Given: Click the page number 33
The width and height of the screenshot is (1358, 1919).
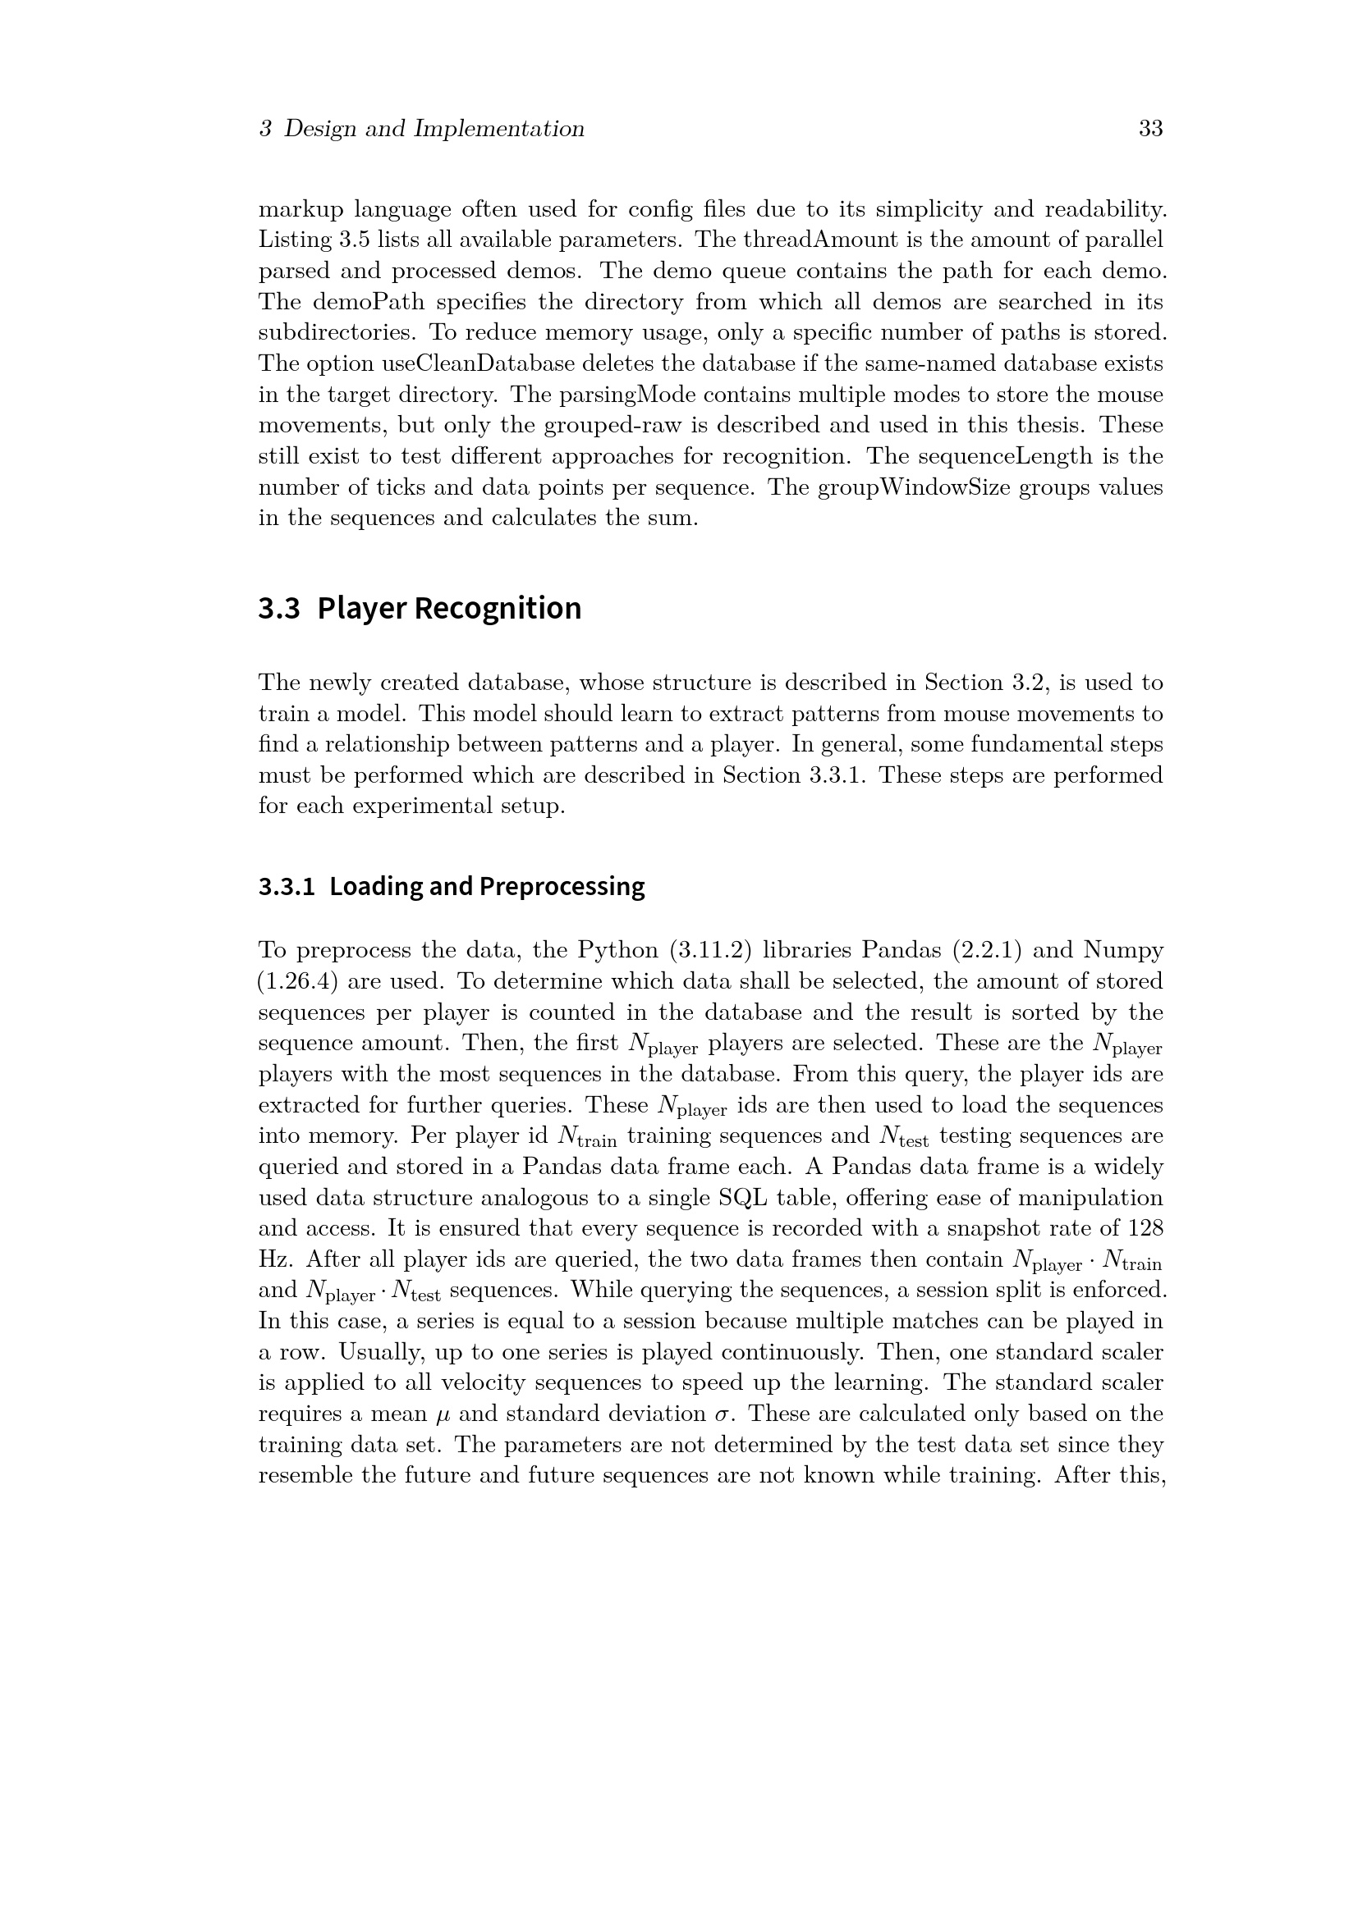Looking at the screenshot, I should (1150, 129).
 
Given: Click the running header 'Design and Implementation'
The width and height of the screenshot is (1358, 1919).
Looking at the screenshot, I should (434, 129).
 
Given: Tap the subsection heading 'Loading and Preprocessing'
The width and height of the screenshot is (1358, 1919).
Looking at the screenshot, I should (487, 886).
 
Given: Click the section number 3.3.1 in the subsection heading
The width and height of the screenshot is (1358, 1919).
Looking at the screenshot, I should (286, 886).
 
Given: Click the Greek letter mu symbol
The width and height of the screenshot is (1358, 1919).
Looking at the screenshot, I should (443, 1414).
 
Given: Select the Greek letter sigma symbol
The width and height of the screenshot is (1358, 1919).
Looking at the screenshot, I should (723, 1414).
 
